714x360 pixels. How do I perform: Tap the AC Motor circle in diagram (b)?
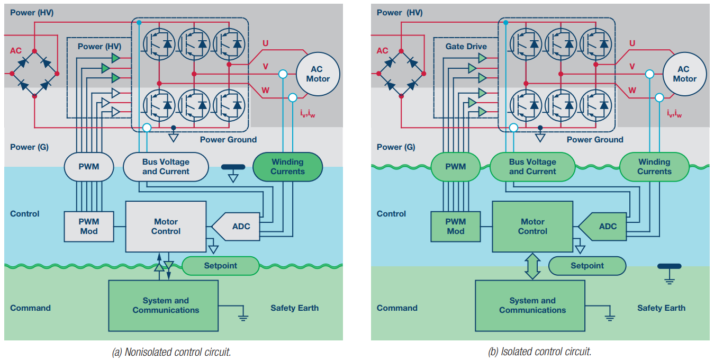point(684,74)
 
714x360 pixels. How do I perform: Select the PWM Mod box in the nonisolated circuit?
point(89,227)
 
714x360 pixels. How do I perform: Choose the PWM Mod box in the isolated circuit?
point(455,227)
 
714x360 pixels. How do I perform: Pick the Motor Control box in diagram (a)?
point(166,227)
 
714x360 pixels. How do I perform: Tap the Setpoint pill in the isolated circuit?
point(587,266)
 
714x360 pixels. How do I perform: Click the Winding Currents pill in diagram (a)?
point(287,167)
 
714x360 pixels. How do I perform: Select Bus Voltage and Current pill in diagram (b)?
point(532,167)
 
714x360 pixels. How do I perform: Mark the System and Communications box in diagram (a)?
point(163,305)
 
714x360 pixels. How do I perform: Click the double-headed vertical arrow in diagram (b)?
point(532,266)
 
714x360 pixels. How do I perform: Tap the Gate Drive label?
point(466,47)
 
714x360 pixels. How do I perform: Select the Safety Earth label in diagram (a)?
point(294,308)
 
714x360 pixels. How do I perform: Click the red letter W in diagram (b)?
point(632,91)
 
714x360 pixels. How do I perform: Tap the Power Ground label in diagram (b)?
point(595,140)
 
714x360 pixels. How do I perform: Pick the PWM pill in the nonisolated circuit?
point(89,167)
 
